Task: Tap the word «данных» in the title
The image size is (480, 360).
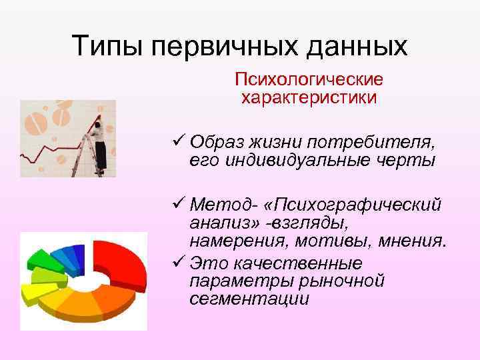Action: click(x=359, y=46)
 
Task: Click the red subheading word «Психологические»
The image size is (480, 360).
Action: click(x=309, y=80)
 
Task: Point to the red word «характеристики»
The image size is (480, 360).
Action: click(x=309, y=98)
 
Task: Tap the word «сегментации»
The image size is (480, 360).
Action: click(x=249, y=299)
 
